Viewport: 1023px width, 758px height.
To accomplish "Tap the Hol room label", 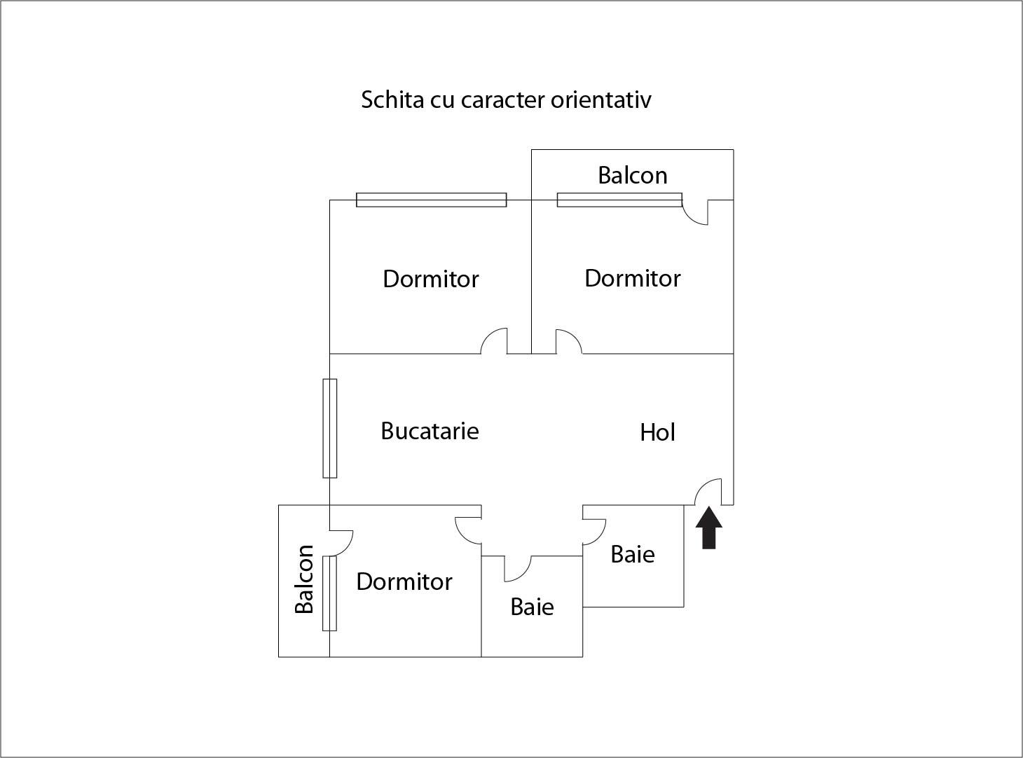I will [x=657, y=432].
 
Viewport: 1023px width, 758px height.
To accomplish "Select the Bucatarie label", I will [x=430, y=430].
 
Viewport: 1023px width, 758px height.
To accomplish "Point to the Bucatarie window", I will [x=329, y=428].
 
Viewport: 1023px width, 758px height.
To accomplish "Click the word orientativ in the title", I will [x=600, y=99].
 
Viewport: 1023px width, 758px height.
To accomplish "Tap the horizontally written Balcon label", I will [x=632, y=174].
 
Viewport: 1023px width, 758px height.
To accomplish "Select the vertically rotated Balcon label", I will [x=304, y=579].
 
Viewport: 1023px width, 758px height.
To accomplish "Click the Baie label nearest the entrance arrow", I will [x=633, y=554].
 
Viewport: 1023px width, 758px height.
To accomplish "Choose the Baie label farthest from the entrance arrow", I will [x=532, y=607].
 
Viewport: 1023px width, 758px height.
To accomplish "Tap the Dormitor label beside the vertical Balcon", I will [x=404, y=581].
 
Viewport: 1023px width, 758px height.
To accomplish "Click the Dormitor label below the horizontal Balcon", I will [x=632, y=278].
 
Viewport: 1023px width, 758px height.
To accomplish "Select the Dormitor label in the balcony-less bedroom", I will [x=430, y=279].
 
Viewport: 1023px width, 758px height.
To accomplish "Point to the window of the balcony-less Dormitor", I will [x=431, y=200].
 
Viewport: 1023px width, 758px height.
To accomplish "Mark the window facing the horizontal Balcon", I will [x=619, y=200].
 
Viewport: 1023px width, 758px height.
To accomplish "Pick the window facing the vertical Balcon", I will [x=329, y=593].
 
